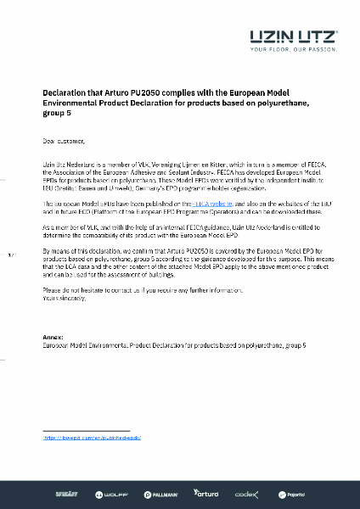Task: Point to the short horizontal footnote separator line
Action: tap(85, 430)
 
